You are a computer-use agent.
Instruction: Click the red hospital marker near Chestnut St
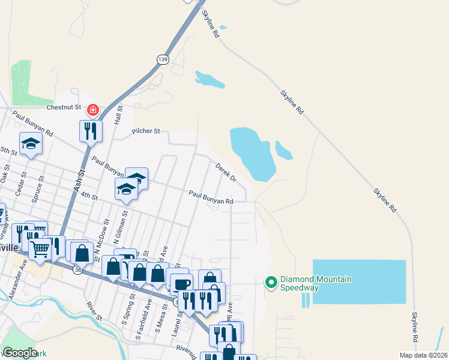click(92, 110)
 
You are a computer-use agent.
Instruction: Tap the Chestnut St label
click(64, 107)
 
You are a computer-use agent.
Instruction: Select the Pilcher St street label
click(146, 130)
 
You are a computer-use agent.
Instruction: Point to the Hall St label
click(119, 115)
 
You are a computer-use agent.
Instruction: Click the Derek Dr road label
click(226, 171)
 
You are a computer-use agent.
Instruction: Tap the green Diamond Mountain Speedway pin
click(271, 281)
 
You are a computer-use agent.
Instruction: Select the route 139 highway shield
click(163, 59)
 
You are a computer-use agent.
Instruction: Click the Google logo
click(20, 352)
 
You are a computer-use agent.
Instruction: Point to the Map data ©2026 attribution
click(423, 355)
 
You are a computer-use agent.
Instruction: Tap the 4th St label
click(89, 196)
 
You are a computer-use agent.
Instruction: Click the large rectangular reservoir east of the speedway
click(359, 281)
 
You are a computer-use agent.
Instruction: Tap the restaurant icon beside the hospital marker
click(91, 130)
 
